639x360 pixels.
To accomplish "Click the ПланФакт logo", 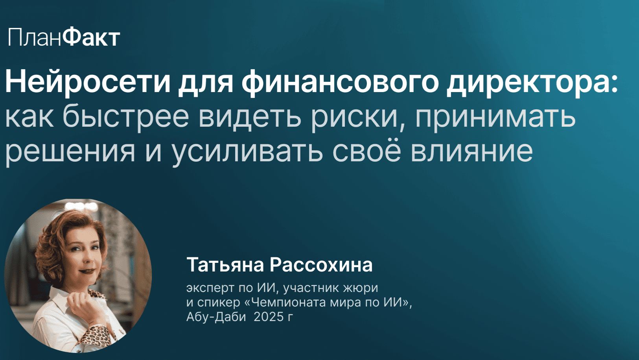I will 64,38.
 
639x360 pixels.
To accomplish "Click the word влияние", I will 471,151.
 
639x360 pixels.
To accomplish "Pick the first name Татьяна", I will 225,265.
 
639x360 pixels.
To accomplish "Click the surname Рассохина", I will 321,265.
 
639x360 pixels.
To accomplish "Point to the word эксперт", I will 210,288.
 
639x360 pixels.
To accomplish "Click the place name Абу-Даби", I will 216,316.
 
